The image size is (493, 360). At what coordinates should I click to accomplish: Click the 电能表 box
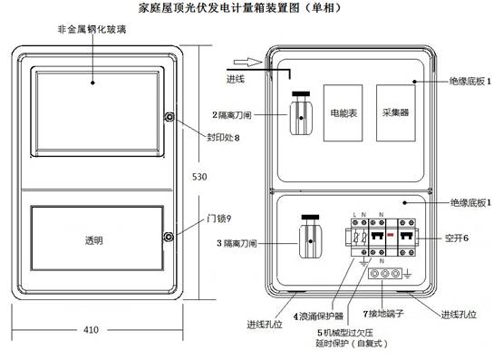coord(343,112)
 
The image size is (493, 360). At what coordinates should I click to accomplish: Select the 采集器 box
coord(395,112)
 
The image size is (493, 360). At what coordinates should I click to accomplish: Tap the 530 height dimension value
coord(199,177)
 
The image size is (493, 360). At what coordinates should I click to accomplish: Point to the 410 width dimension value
coord(91,330)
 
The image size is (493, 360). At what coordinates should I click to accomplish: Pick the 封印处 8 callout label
coord(223,138)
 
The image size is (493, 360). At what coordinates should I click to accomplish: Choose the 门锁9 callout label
coord(218,218)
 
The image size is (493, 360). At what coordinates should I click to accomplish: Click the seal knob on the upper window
coord(169,117)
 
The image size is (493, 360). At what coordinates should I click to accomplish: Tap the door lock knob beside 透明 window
coord(169,237)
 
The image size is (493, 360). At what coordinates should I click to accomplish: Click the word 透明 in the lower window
coord(93,240)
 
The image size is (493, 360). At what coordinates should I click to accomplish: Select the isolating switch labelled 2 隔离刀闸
coord(301,113)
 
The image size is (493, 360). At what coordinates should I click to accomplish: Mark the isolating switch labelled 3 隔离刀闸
coord(310,237)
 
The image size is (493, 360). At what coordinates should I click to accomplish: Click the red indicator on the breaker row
coord(391,235)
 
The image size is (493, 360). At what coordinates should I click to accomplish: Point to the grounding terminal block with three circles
coord(385,274)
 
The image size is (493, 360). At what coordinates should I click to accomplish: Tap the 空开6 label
coord(456,238)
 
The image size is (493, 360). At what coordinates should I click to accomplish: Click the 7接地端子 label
coord(383,314)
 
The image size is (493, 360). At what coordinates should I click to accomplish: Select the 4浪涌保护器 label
coord(318,316)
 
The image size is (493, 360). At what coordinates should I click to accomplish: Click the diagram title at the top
coord(239,7)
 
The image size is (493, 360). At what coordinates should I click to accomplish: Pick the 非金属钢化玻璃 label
coord(92,30)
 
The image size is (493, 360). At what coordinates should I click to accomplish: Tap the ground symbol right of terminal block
coord(407,274)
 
